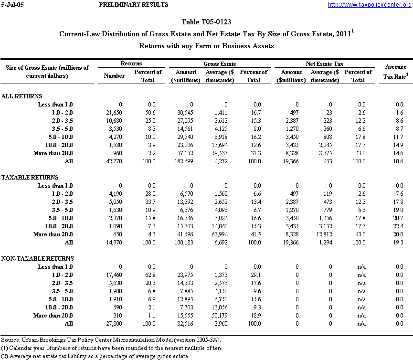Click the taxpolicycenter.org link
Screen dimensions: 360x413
pyautogui.click(x=369, y=5)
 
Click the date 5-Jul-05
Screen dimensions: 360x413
pyautogui.click(x=12, y=5)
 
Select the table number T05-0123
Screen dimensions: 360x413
pyautogui.click(x=206, y=22)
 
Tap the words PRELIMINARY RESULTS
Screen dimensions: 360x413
pyautogui.click(x=133, y=5)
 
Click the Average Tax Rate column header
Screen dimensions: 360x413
pyautogui.click(x=395, y=72)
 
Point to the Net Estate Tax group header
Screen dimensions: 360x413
pyautogui.click(x=325, y=64)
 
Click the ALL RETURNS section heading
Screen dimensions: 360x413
pyautogui.click(x=22, y=96)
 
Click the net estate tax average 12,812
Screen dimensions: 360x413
pyautogui.click(x=328, y=234)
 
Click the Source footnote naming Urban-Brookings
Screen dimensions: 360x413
pyautogui.click(x=111, y=339)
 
